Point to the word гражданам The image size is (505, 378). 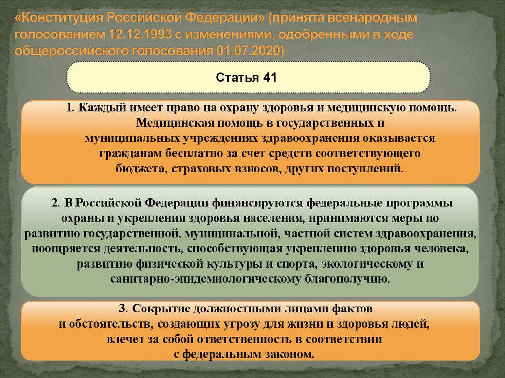(x=121, y=153)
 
